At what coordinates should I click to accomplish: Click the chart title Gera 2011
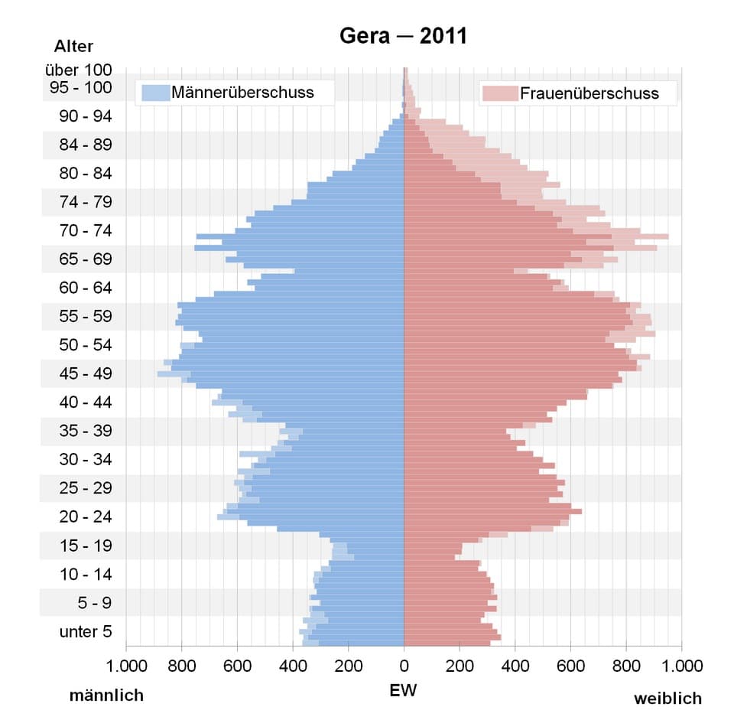coord(403,36)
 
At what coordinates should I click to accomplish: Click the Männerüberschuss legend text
coord(242,93)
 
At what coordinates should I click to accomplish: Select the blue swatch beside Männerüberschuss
coord(155,93)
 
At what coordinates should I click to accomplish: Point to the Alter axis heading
coord(73,47)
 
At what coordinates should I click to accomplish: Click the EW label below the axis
coord(403,690)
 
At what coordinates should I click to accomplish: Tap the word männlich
coord(106,696)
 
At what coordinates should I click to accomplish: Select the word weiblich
coord(667,698)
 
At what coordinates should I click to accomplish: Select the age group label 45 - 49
coord(86,374)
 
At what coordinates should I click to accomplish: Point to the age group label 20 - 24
coord(86,517)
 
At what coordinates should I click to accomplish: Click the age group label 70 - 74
coord(86,230)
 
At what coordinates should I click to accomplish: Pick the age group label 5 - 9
coord(94,603)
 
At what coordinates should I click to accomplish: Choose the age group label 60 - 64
coord(86,288)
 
